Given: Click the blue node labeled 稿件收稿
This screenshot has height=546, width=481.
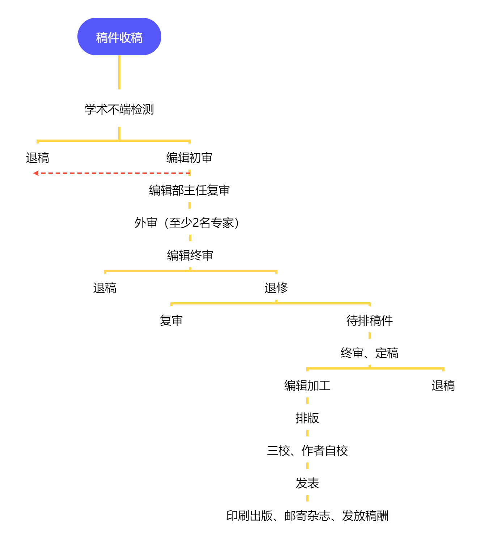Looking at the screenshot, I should pyautogui.click(x=119, y=37).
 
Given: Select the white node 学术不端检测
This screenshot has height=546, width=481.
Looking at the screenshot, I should pyautogui.click(x=119, y=108).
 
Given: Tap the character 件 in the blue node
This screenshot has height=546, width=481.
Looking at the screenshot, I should pyautogui.click(x=113, y=38).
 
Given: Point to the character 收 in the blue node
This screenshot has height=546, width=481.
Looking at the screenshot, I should pyautogui.click(x=125, y=38).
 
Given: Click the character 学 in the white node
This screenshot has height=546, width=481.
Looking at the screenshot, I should pyautogui.click(x=90, y=109).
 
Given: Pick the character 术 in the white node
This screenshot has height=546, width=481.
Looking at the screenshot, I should pyautogui.click(x=102, y=109).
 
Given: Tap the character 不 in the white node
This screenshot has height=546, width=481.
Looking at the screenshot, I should pyautogui.click(x=114, y=109).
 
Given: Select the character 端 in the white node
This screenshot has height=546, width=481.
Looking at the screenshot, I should pyautogui.click(x=125, y=109).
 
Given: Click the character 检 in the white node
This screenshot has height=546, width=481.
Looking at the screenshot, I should pyautogui.click(x=137, y=109).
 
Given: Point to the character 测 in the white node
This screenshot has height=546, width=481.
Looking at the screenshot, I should pyautogui.click(x=148, y=109).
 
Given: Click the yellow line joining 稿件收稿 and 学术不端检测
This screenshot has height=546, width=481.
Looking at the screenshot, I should pyautogui.click(x=119, y=72).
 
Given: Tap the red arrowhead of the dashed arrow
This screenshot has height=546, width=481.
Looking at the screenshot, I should pyautogui.click(x=36, y=173).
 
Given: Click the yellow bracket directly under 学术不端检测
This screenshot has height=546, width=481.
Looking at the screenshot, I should pyautogui.click(x=72, y=141).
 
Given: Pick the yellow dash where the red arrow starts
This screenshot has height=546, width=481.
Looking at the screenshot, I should pyautogui.click(x=190, y=172).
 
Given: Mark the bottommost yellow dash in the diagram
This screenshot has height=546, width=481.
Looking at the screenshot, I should pyautogui.click(x=307, y=498).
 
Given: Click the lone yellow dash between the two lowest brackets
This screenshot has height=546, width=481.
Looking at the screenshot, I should pyautogui.click(x=370, y=336).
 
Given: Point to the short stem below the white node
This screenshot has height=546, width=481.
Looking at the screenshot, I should pyautogui.click(x=119, y=133).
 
